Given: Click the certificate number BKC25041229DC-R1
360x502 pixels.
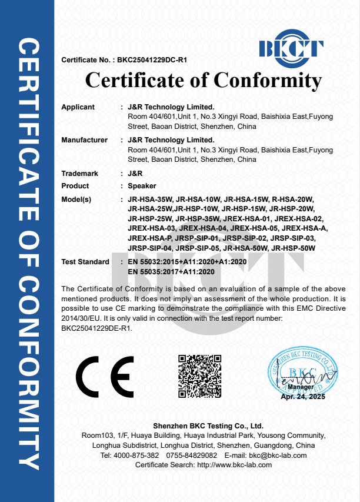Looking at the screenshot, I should [x=152, y=60].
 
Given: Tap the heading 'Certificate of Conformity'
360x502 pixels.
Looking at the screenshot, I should [x=204, y=80].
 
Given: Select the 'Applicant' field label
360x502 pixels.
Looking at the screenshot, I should [x=78, y=107].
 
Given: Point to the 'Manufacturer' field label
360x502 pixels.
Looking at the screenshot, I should [x=84, y=140].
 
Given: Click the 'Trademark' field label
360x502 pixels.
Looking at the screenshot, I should [x=79, y=174].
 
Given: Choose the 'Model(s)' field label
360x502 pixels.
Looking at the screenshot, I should [x=76, y=200].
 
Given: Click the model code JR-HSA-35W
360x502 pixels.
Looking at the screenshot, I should [x=149, y=200].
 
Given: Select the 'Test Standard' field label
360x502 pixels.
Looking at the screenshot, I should [x=85, y=261].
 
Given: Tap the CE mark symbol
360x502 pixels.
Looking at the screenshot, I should [x=105, y=377].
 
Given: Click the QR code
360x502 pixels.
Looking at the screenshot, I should [x=199, y=376].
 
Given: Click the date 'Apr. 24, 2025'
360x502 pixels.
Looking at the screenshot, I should [x=302, y=397].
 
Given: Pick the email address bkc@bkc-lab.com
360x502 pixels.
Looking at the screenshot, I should [x=278, y=456].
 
